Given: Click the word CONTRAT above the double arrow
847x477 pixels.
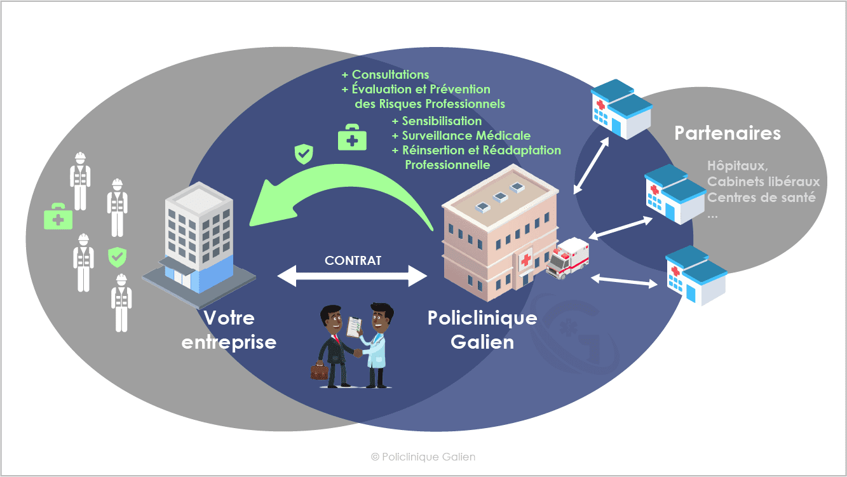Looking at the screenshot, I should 353,260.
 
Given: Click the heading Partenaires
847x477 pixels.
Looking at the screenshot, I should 728,133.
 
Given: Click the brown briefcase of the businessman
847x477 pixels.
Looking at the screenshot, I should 319,370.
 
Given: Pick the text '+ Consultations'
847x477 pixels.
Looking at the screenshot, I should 385,75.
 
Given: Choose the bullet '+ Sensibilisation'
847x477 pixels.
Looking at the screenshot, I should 437,121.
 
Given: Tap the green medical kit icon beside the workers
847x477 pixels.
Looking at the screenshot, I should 58,217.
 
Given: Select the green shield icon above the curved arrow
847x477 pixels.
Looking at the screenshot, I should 304,153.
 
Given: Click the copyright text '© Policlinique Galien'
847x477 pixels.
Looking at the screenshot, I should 423,457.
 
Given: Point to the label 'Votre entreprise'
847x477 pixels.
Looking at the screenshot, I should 229,330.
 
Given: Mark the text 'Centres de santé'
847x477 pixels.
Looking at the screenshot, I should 761,198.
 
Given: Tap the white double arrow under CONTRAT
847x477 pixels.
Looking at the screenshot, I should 353,276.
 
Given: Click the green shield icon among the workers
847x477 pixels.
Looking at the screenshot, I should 117,257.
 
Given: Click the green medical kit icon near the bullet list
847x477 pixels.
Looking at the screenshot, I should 352,137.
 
